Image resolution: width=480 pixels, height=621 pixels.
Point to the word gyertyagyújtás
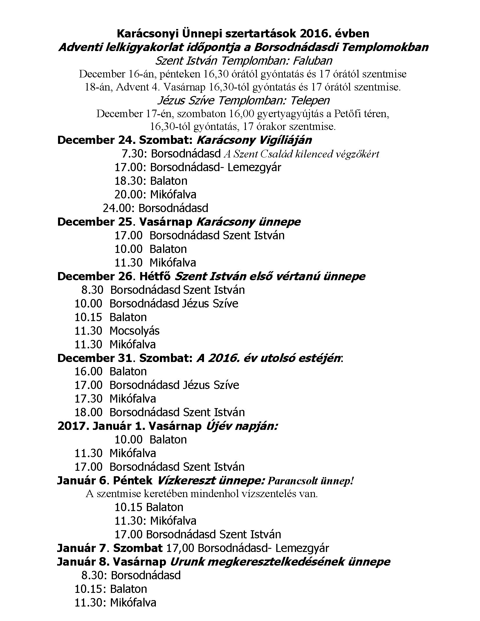point(290,114)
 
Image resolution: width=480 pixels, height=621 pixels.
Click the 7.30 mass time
point(133,154)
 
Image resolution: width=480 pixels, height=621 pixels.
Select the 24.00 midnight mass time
point(119,208)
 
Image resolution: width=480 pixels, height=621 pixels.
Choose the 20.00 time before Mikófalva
point(131,195)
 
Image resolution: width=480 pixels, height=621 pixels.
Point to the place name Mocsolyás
point(134,331)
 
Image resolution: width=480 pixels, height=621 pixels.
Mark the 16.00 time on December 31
point(89,372)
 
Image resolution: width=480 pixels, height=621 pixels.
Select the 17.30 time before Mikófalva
point(89,399)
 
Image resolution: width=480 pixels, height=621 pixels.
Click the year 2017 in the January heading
point(72,426)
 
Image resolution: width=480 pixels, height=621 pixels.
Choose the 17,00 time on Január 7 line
point(180,548)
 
